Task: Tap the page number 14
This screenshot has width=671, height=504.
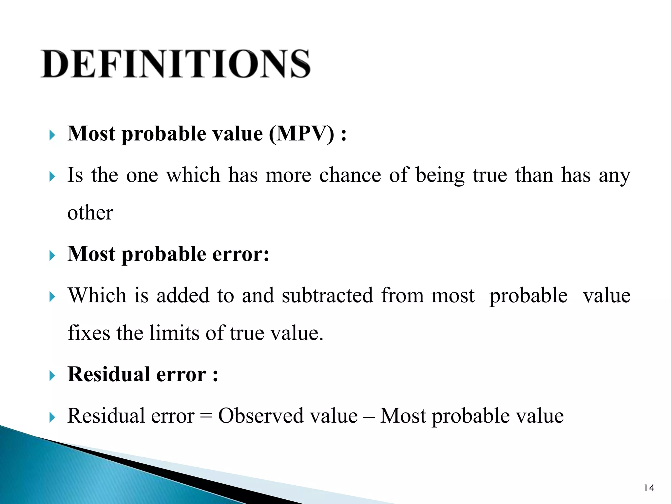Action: [649, 488]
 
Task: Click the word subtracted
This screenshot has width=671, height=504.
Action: [327, 295]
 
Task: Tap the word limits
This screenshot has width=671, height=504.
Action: [175, 333]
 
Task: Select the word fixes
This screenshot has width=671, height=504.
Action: [89, 333]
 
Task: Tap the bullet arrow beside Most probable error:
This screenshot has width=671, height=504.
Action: [52, 256]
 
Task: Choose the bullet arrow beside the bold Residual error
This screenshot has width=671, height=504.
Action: [52, 376]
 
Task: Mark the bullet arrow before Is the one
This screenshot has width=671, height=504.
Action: [52, 177]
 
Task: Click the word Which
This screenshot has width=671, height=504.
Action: [97, 295]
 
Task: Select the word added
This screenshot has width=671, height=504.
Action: [182, 295]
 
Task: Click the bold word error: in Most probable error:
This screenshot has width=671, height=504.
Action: [241, 254]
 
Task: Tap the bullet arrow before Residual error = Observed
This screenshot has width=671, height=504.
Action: [52, 417]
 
